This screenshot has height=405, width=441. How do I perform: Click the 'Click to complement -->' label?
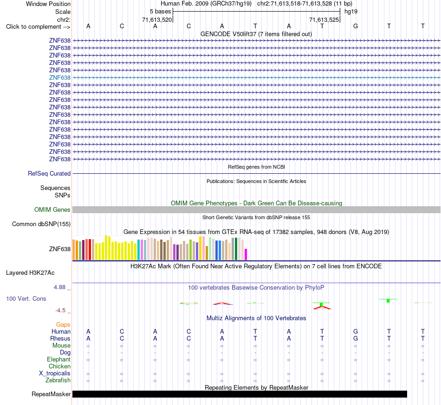click(38, 27)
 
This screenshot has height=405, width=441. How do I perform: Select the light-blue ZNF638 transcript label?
click(59, 77)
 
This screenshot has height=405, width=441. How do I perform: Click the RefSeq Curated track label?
click(49, 173)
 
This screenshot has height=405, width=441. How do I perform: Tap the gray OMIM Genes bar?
click(256, 209)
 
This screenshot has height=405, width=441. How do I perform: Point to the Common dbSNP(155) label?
click(41, 224)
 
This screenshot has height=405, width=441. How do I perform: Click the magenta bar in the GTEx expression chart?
click(246, 254)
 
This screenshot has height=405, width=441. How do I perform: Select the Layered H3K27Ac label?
click(30, 273)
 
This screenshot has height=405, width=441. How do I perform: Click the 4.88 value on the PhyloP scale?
click(59, 287)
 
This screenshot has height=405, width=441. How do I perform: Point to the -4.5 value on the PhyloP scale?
click(60, 310)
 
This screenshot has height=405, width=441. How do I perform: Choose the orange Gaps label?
click(63, 324)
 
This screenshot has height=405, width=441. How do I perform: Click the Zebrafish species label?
click(58, 380)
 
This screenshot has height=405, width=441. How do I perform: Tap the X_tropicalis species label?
click(55, 373)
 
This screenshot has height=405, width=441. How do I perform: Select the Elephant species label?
click(58, 359)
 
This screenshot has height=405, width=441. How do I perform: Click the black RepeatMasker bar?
click(240, 394)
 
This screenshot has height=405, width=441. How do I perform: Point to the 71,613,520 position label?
click(157, 19)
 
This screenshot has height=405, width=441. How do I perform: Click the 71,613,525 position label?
click(324, 19)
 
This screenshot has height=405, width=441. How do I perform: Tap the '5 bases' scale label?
click(160, 12)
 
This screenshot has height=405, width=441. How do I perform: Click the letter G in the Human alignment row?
click(356, 331)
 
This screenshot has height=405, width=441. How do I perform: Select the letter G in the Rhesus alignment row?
click(356, 338)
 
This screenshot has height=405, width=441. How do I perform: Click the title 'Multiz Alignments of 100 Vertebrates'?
click(256, 318)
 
